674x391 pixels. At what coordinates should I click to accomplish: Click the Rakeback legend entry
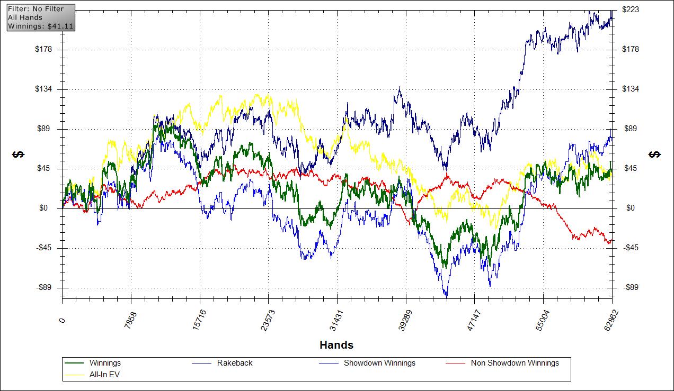(x=235, y=363)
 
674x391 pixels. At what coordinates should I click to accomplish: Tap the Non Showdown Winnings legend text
(x=515, y=363)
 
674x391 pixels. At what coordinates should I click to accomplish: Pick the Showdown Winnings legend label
(x=379, y=363)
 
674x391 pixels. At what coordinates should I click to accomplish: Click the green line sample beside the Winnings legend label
(x=74, y=363)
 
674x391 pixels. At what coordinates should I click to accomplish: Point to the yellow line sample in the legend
(x=74, y=374)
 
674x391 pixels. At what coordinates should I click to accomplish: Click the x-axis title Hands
(x=336, y=345)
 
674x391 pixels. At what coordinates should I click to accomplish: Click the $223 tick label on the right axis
(x=631, y=10)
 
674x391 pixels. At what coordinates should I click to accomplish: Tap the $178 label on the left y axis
(x=45, y=50)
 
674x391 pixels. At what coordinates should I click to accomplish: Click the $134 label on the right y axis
(x=631, y=89)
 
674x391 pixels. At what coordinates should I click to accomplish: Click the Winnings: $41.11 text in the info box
(x=40, y=25)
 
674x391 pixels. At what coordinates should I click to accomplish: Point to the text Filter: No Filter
(x=36, y=9)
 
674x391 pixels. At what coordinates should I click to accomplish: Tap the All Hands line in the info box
(x=25, y=17)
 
